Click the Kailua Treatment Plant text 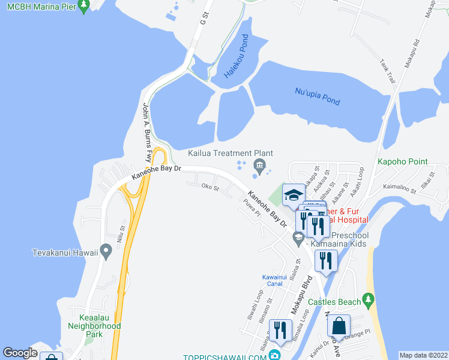[x=231, y=154]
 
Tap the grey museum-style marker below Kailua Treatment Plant [x=259, y=166]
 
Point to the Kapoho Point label [x=402, y=161]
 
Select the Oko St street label [x=210, y=187]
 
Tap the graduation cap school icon [x=294, y=195]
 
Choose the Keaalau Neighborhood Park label [x=100, y=326]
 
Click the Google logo [x=20, y=353]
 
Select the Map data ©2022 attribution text [x=424, y=355]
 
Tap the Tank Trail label [x=388, y=73]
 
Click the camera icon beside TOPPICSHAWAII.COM [x=274, y=355]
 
